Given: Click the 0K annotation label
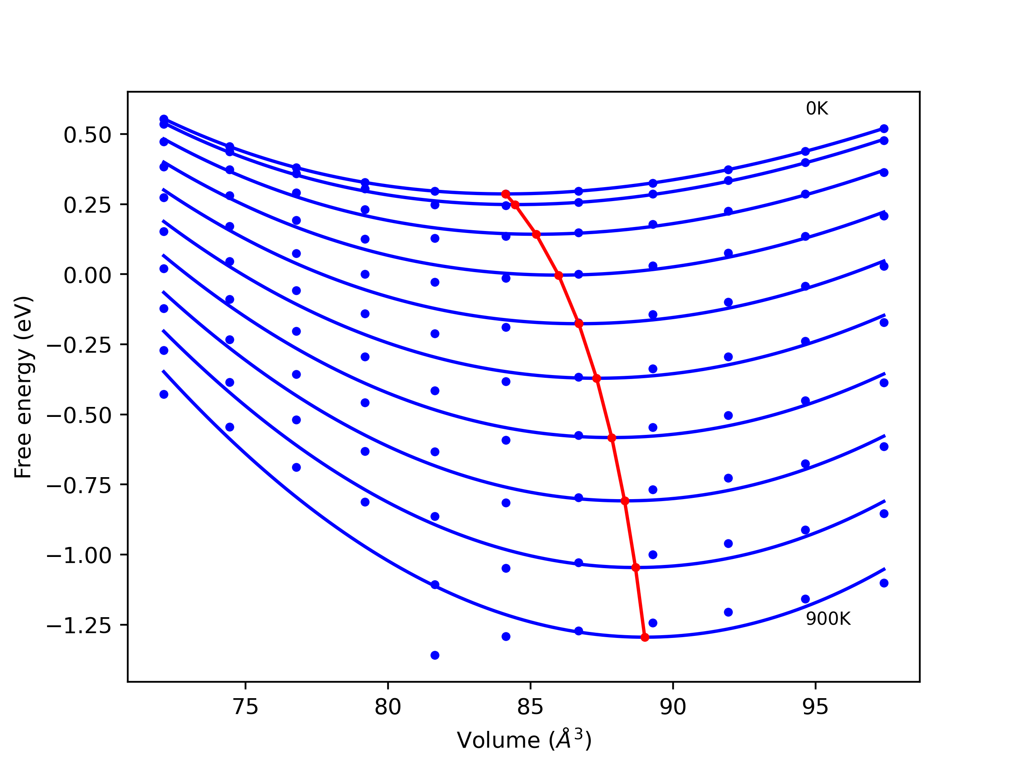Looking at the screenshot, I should click(x=817, y=109).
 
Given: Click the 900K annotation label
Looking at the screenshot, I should click(x=828, y=619).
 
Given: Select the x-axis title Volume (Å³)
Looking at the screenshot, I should click(x=524, y=740).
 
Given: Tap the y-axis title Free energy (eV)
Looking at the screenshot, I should click(x=23, y=387).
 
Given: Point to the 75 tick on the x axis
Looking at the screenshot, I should click(x=246, y=707).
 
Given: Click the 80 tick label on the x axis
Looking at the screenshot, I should click(x=388, y=707).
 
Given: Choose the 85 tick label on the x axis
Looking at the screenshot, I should click(x=531, y=707).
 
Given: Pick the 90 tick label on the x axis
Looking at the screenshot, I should click(x=673, y=707).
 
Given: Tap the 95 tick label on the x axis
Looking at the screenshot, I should click(x=816, y=707).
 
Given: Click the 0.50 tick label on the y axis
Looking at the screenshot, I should click(x=87, y=135).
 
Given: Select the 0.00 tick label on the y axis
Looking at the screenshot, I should click(x=87, y=276).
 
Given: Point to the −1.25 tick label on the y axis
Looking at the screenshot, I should click(x=79, y=626).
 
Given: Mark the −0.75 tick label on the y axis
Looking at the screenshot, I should click(x=79, y=486).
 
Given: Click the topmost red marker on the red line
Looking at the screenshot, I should click(x=506, y=194).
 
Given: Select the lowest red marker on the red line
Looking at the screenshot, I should click(x=645, y=638).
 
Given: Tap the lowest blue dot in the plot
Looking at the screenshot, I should click(x=435, y=655).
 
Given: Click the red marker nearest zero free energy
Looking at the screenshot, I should click(x=559, y=276).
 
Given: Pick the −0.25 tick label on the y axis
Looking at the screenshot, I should click(x=79, y=345).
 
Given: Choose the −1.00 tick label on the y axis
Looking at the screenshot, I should click(x=79, y=555).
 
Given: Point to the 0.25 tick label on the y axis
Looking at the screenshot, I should click(x=87, y=205).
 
